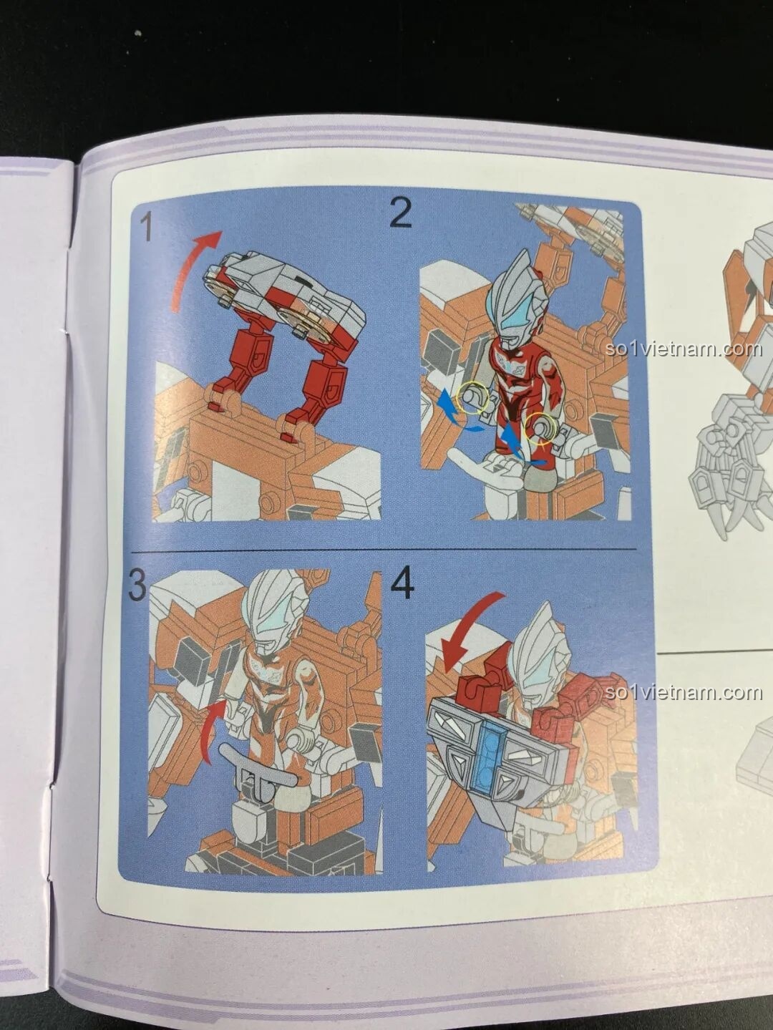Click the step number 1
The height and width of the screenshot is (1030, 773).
[146, 228]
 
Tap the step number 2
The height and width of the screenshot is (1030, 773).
[401, 213]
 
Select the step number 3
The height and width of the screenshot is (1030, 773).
[136, 587]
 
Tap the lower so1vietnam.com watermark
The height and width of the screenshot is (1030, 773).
[683, 692]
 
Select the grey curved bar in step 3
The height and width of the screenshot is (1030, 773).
[258, 761]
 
